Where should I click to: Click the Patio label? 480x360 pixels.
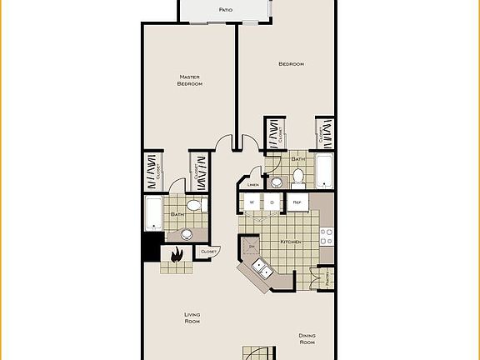pos(226,10)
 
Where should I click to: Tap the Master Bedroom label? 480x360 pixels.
pos(190,80)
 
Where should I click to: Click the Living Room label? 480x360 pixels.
pos(192,317)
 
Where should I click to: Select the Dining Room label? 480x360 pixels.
pos(307,339)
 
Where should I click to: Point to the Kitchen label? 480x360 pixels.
pos(289,242)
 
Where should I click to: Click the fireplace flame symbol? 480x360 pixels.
pos(177,257)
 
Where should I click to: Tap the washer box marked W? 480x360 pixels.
pos(250,202)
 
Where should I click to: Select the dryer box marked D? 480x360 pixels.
pos(272,202)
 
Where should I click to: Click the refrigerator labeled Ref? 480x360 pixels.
pos(297,202)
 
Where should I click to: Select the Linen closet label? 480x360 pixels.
pos(253,184)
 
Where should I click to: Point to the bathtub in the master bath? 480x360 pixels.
pos(153,213)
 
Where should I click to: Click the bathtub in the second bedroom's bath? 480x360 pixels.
pos(324,172)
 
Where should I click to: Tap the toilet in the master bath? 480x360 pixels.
pos(193,205)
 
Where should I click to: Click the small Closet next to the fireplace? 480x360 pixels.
pos(208,251)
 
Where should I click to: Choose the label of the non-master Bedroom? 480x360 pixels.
pos(290,64)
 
